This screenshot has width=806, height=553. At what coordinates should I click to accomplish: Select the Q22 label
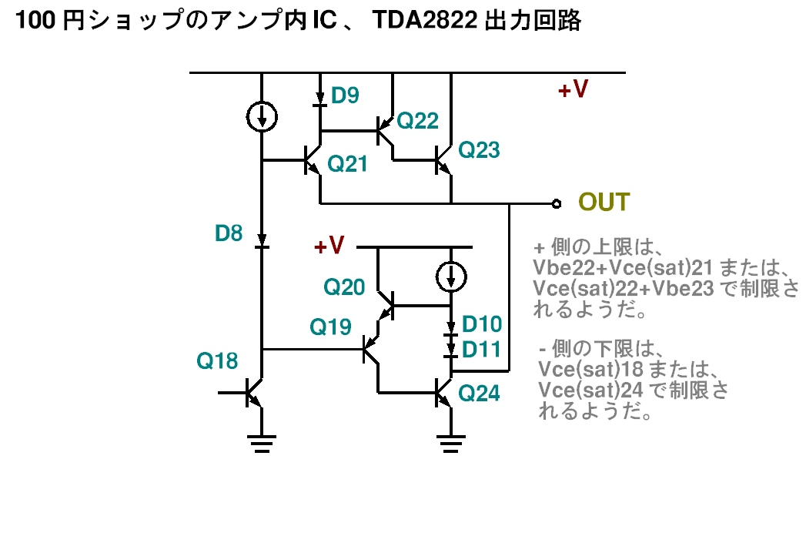420,120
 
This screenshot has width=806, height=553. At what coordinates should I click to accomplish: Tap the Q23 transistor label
479,150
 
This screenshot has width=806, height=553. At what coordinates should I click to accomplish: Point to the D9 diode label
345,96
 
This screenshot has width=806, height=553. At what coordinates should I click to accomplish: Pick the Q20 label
343,287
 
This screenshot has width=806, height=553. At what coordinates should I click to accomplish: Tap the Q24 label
479,394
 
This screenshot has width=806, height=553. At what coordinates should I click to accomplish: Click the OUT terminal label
604,203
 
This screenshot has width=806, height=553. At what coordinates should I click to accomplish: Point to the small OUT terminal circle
556,204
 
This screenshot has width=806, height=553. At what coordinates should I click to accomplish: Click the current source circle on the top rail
263,116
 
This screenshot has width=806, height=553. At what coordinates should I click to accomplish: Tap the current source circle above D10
451,275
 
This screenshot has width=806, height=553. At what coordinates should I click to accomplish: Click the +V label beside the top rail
573,91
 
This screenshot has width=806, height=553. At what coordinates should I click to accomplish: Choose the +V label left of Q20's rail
329,246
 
